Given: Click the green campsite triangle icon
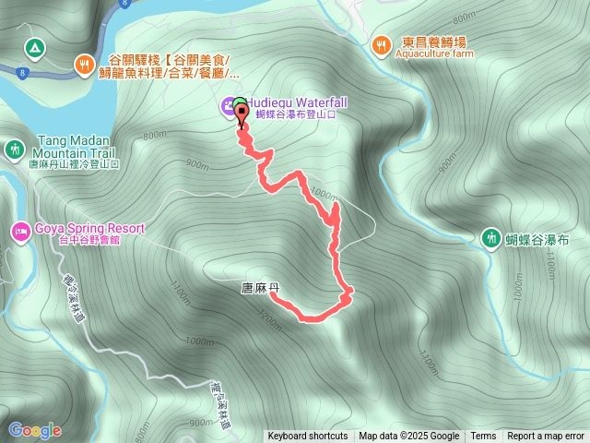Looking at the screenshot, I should pos(34,46).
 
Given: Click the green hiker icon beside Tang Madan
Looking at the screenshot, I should pos(15,149).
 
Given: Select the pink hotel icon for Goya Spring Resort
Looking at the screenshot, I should pos(18,230).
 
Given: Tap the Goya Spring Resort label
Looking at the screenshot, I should pos(90,228).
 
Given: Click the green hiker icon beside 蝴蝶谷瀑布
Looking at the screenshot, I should pos(490,238).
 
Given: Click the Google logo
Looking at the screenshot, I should pos(35,429).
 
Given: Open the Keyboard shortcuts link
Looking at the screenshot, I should pos(308,437).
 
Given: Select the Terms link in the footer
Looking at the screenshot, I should pos(483,437).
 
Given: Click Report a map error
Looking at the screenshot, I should pos(547,437).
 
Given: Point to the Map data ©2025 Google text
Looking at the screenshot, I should pos(408,437).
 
